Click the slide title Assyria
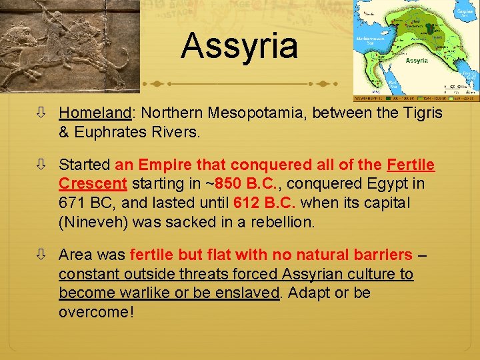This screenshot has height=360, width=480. tap(239, 46)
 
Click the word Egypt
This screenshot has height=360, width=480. tap(395, 183)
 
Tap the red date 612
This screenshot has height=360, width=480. tap(248, 203)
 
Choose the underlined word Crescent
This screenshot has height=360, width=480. tap(92, 183)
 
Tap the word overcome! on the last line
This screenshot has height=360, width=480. tap(96, 312)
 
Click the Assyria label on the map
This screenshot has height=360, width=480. tap(417, 61)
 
